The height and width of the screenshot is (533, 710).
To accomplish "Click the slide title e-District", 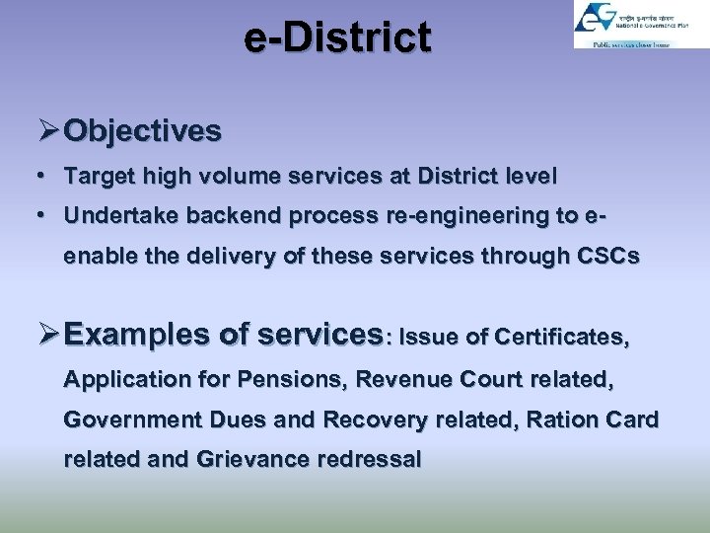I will click(338, 38).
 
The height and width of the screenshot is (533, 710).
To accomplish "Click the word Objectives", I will click(143, 131).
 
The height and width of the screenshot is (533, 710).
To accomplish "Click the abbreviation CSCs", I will click(605, 257).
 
